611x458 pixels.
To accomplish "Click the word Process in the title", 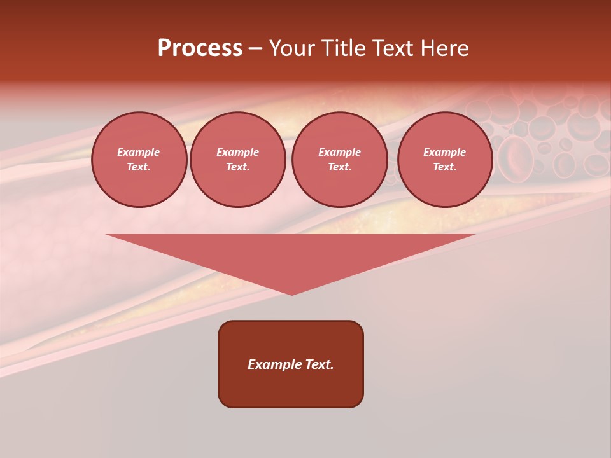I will point(200,48).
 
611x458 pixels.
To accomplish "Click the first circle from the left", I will point(139,160).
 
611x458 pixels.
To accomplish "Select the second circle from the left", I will point(237,160).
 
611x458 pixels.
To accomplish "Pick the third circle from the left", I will point(339,160).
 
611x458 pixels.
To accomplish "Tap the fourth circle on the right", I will point(444,160).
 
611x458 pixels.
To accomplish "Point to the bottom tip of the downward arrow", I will point(291,294).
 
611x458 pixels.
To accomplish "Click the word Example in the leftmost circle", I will point(139,152).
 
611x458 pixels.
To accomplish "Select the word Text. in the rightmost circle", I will point(444,167).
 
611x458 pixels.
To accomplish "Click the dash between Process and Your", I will point(255,48).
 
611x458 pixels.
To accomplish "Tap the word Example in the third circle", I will point(339,152).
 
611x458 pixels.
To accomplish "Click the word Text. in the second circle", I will point(237,167).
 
